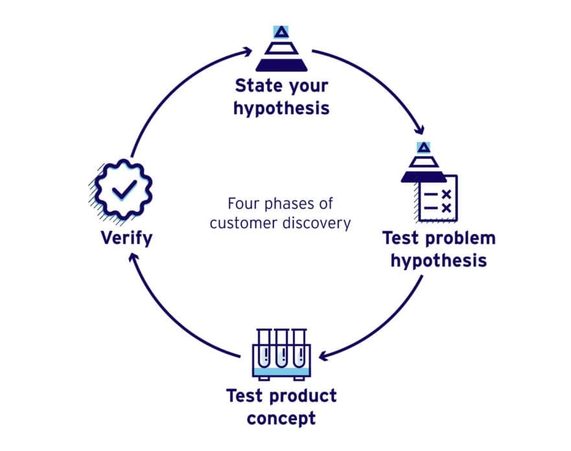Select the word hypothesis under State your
281,107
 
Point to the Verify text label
126,238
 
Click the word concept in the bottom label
281,417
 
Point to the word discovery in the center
320,224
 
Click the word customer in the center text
247,224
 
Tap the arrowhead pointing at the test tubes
323,355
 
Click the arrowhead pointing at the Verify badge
132,258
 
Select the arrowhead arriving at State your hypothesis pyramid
246,51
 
